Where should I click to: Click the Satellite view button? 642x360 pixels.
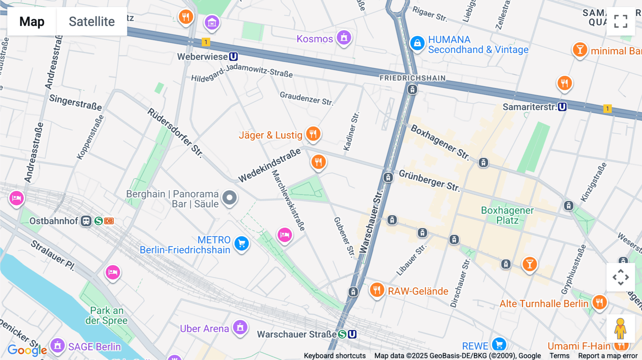pyautogui.click(x=92, y=21)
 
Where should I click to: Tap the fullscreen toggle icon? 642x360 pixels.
pyautogui.click(x=621, y=21)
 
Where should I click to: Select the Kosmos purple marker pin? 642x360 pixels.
pyautogui.click(x=344, y=37)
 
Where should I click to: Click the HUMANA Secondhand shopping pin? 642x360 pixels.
pyautogui.click(x=417, y=43)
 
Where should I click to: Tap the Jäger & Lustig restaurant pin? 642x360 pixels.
pyautogui.click(x=313, y=134)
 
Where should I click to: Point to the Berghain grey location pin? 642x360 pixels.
pyautogui.click(x=229, y=197)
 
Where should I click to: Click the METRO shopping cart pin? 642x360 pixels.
pyautogui.click(x=241, y=243)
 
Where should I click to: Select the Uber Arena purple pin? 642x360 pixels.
pyautogui.click(x=240, y=327)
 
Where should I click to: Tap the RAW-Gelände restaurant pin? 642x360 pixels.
pyautogui.click(x=377, y=290)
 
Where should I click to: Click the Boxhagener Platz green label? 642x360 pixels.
pyautogui.click(x=507, y=215)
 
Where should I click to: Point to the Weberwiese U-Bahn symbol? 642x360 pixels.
pyautogui.click(x=233, y=57)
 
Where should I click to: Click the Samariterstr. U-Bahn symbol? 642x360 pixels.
pyautogui.click(x=562, y=107)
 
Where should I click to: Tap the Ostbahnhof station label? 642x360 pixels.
pyautogui.click(x=53, y=221)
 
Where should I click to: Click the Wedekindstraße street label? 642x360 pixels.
pyautogui.click(x=270, y=166)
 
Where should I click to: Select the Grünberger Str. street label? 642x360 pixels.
pyautogui.click(x=429, y=180)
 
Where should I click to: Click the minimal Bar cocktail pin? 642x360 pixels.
pyautogui.click(x=580, y=50)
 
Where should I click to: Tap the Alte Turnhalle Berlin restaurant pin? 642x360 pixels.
pyautogui.click(x=599, y=302)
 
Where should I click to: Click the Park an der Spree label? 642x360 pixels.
pyautogui.click(x=106, y=315)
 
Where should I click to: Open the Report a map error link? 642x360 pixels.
pyautogui.click(x=608, y=356)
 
